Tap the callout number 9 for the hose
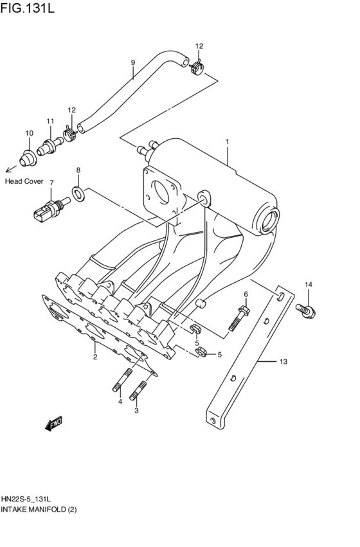tap(133, 62)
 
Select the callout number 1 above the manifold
tap(227, 140)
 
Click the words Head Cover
tap(24, 181)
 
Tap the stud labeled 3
tap(139, 389)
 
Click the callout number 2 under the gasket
tap(94, 357)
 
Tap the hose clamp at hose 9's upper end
tap(198, 65)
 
